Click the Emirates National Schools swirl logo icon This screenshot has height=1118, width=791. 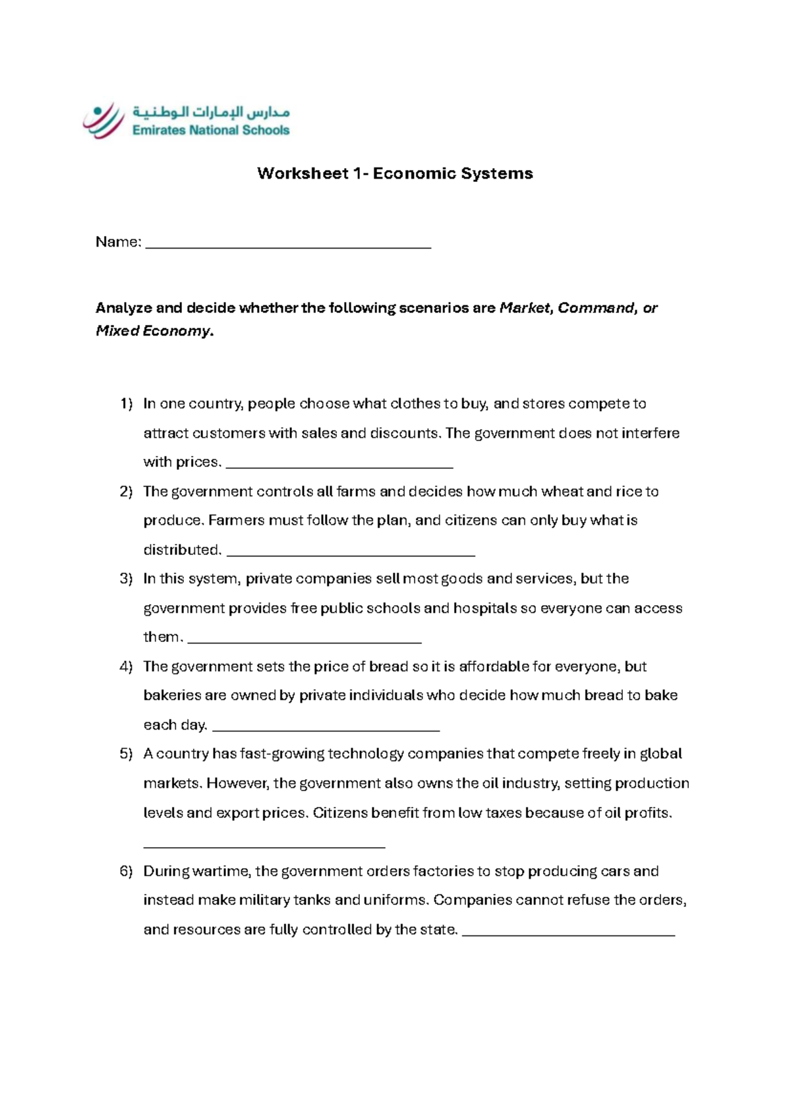pos(103,121)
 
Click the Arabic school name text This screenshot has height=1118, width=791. pos(211,111)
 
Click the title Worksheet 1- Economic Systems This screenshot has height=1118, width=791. pos(395,173)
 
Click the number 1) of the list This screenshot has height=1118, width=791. pos(126,404)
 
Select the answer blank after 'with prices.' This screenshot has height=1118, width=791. pos(339,464)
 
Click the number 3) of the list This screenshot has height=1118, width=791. pos(126,579)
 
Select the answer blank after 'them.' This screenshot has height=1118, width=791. pos(305,639)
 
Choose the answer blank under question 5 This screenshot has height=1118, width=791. pos(264,844)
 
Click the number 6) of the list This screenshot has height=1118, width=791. pos(126,871)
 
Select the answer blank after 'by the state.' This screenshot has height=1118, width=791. pos(568,933)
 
